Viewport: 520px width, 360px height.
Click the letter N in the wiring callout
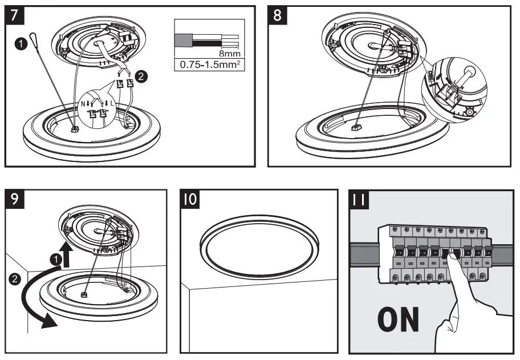(84, 104)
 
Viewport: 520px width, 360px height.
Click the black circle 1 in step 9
(56, 259)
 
